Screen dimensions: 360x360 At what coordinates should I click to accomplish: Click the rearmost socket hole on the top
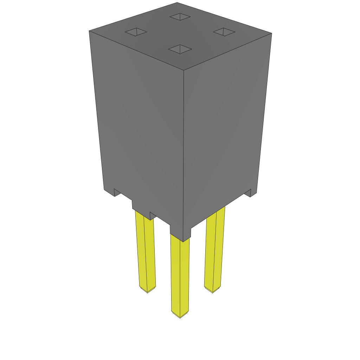pyautogui.click(x=180, y=17)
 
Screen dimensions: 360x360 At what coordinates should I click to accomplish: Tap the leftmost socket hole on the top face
pyautogui.click(x=136, y=32)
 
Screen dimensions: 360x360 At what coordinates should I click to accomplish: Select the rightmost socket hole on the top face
pyautogui.click(x=224, y=32)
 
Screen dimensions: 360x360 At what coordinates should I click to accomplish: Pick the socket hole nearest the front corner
pyautogui.click(x=180, y=49)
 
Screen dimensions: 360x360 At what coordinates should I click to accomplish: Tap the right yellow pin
pyautogui.click(x=214, y=250)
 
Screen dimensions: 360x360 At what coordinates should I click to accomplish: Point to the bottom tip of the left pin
pyautogui.click(x=147, y=292)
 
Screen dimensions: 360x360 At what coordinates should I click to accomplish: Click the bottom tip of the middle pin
pyautogui.click(x=180, y=317)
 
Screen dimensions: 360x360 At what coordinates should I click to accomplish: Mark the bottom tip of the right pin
pyautogui.click(x=213, y=291)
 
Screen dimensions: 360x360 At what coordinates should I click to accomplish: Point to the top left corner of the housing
pyautogui.click(x=89, y=31)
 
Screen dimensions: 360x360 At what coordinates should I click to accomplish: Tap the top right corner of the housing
pyautogui.click(x=271, y=33)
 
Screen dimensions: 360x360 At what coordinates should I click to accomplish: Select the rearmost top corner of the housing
pyautogui.click(x=177, y=3)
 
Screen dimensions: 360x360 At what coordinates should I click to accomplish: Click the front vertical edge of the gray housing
pyautogui.click(x=184, y=148)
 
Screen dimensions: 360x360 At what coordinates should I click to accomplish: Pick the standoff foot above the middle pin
pyautogui.click(x=180, y=233)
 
